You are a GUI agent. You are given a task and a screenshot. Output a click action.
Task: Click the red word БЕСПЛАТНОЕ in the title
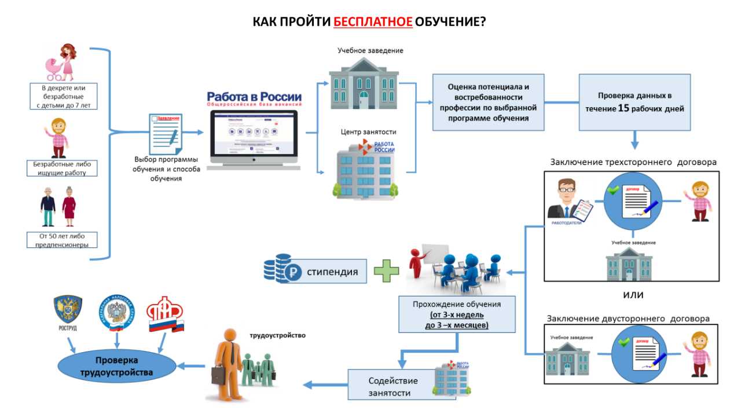[373, 22]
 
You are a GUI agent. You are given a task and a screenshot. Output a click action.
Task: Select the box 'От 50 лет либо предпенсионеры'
[63, 240]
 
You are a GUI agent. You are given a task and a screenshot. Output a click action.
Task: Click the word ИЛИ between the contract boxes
[633, 295]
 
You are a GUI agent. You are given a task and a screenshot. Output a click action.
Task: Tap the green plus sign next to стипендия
[386, 271]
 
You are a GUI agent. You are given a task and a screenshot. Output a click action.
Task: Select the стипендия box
[332, 271]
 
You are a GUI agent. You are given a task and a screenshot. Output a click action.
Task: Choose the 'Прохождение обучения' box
[457, 314]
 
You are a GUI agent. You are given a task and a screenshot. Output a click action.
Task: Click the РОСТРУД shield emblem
[68, 312]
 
